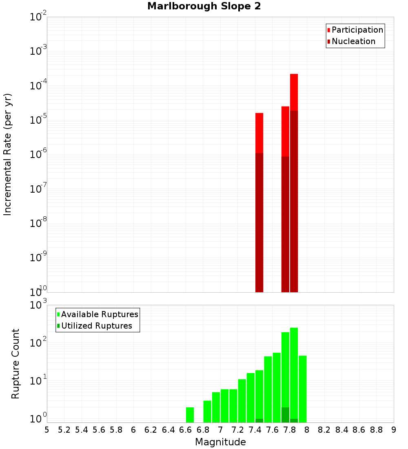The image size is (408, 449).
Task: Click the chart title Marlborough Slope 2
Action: [204, 6]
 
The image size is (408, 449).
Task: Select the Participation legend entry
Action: [357, 30]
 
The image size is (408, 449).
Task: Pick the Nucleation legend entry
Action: [353, 41]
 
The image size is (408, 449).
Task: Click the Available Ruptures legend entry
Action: [100, 314]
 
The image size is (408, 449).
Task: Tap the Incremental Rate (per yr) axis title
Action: [7, 154]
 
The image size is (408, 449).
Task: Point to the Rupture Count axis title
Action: [16, 364]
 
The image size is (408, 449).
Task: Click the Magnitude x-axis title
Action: [220, 442]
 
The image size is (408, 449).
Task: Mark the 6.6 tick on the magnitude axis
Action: [186, 430]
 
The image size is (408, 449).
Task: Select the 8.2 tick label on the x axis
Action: [324, 430]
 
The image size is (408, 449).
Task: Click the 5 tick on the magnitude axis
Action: [47, 430]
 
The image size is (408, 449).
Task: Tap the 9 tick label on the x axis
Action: [394, 430]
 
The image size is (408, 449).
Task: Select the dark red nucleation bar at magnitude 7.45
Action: [259, 222]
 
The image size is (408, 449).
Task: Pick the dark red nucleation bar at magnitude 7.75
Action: [285, 224]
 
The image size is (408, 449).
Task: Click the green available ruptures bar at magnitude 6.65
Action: [190, 415]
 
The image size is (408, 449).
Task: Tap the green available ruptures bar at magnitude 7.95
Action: [302, 389]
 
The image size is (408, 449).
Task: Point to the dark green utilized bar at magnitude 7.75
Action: [285, 415]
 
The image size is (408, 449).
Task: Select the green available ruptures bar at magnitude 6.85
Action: [207, 411]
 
